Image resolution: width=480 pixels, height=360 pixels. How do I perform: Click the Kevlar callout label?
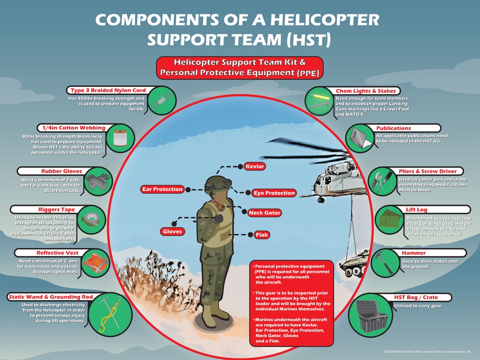tap(255, 166)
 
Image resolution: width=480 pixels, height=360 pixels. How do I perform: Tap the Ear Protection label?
tap(162, 189)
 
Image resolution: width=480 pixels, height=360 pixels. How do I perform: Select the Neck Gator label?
tap(264, 213)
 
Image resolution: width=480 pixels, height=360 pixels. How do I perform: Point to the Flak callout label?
tap(262, 235)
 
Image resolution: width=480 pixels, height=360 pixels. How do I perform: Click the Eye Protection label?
tap(274, 193)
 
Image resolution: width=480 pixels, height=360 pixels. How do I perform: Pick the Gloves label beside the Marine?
tap(172, 231)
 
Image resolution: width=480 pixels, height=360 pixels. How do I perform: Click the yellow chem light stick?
tap(318, 98)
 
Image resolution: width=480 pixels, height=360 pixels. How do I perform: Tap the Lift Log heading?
tap(416, 210)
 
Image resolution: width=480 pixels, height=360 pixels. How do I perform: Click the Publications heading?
tap(393, 128)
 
